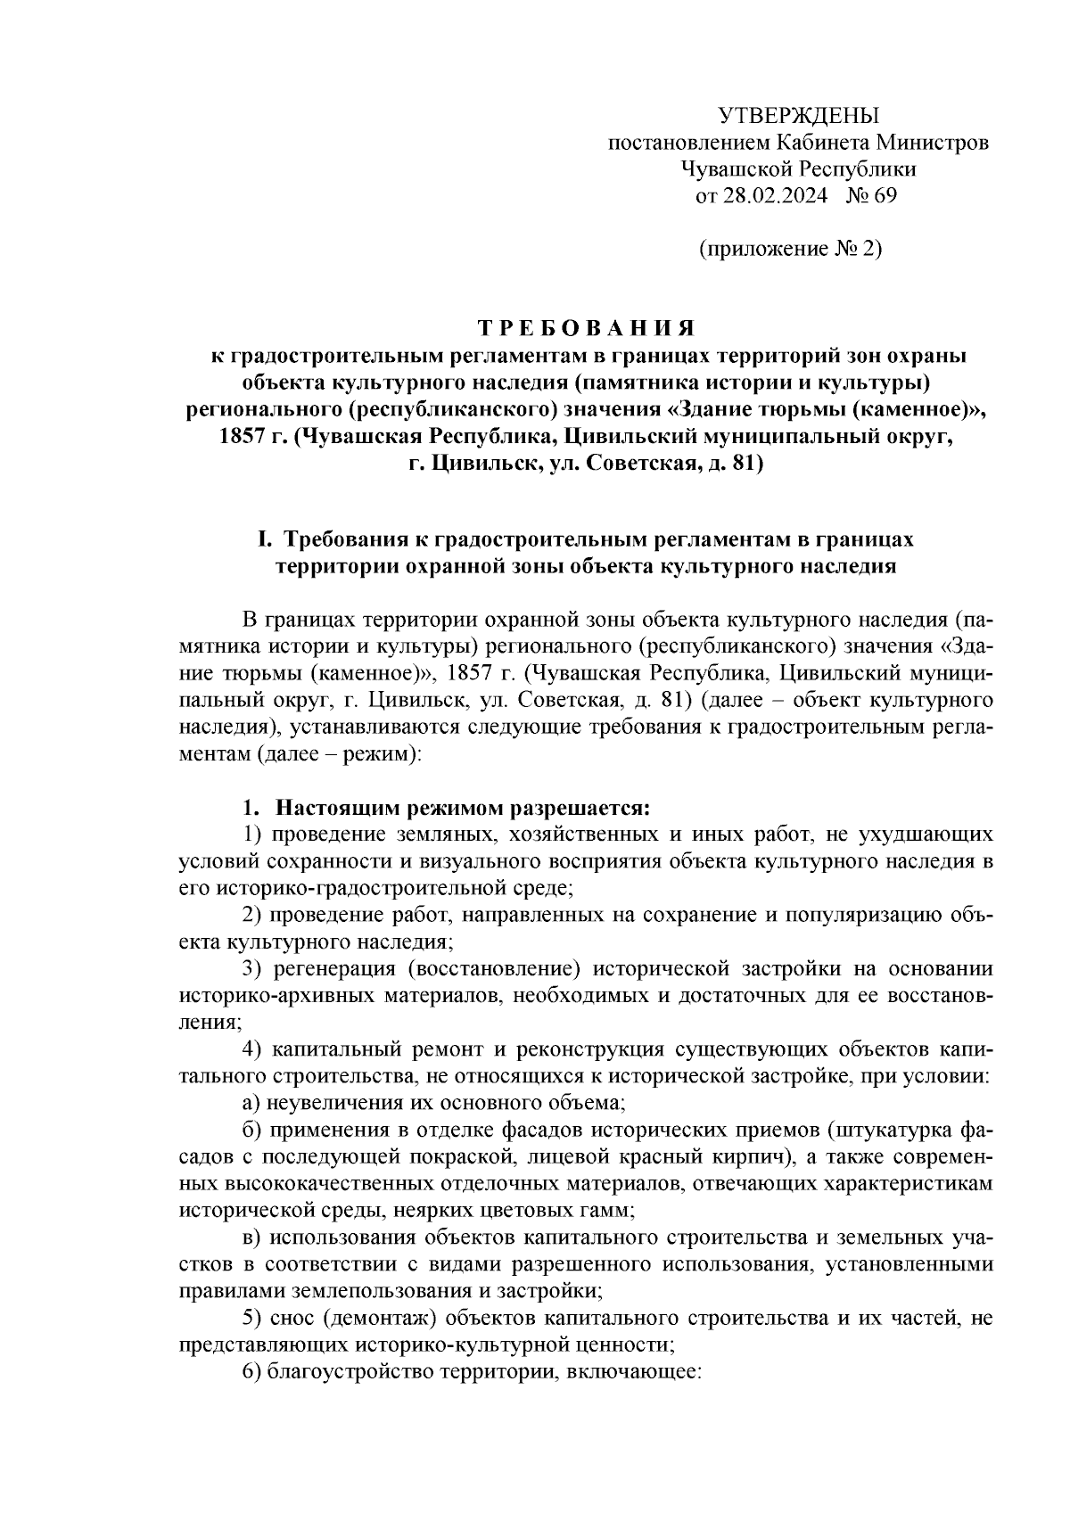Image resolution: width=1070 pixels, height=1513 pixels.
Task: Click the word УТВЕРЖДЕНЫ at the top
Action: click(x=798, y=116)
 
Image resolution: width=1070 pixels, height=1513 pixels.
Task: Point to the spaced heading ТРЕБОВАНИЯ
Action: click(x=587, y=327)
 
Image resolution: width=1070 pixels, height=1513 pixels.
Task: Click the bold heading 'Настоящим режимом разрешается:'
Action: click(x=462, y=808)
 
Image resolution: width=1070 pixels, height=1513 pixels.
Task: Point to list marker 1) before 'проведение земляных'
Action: click(x=253, y=835)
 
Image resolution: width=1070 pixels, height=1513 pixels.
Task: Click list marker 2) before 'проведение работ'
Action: click(x=253, y=915)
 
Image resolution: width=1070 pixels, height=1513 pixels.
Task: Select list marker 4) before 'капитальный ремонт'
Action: click(x=253, y=1048)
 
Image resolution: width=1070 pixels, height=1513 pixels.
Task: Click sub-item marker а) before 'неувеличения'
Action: click(x=251, y=1102)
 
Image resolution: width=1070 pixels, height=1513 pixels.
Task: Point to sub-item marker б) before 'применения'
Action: click(x=252, y=1130)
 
